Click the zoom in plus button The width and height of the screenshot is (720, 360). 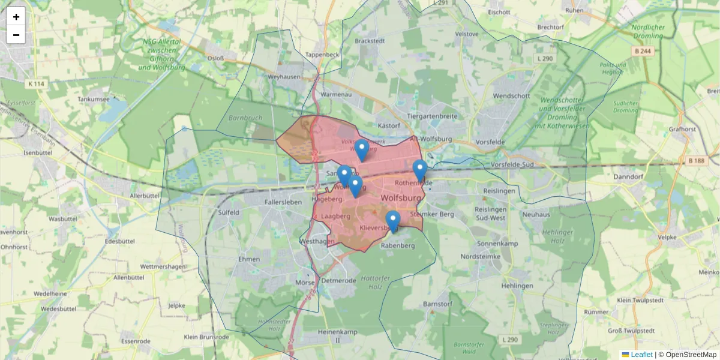(16, 17)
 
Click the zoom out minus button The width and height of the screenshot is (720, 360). (16, 35)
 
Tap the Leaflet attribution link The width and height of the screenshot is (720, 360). (641, 355)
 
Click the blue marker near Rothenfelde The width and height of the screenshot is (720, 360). (420, 170)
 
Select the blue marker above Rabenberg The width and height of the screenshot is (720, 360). (393, 221)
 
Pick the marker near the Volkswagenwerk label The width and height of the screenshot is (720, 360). (361, 149)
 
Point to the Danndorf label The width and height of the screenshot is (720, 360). (629, 177)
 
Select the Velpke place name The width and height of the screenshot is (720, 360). (667, 237)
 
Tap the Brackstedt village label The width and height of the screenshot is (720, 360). (370, 41)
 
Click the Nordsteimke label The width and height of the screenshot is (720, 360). (480, 256)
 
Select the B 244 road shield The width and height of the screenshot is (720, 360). (643, 52)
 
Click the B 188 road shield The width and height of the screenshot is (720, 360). (697, 160)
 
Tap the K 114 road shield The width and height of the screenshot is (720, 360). (36, 83)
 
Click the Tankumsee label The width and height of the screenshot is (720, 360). (94, 99)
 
